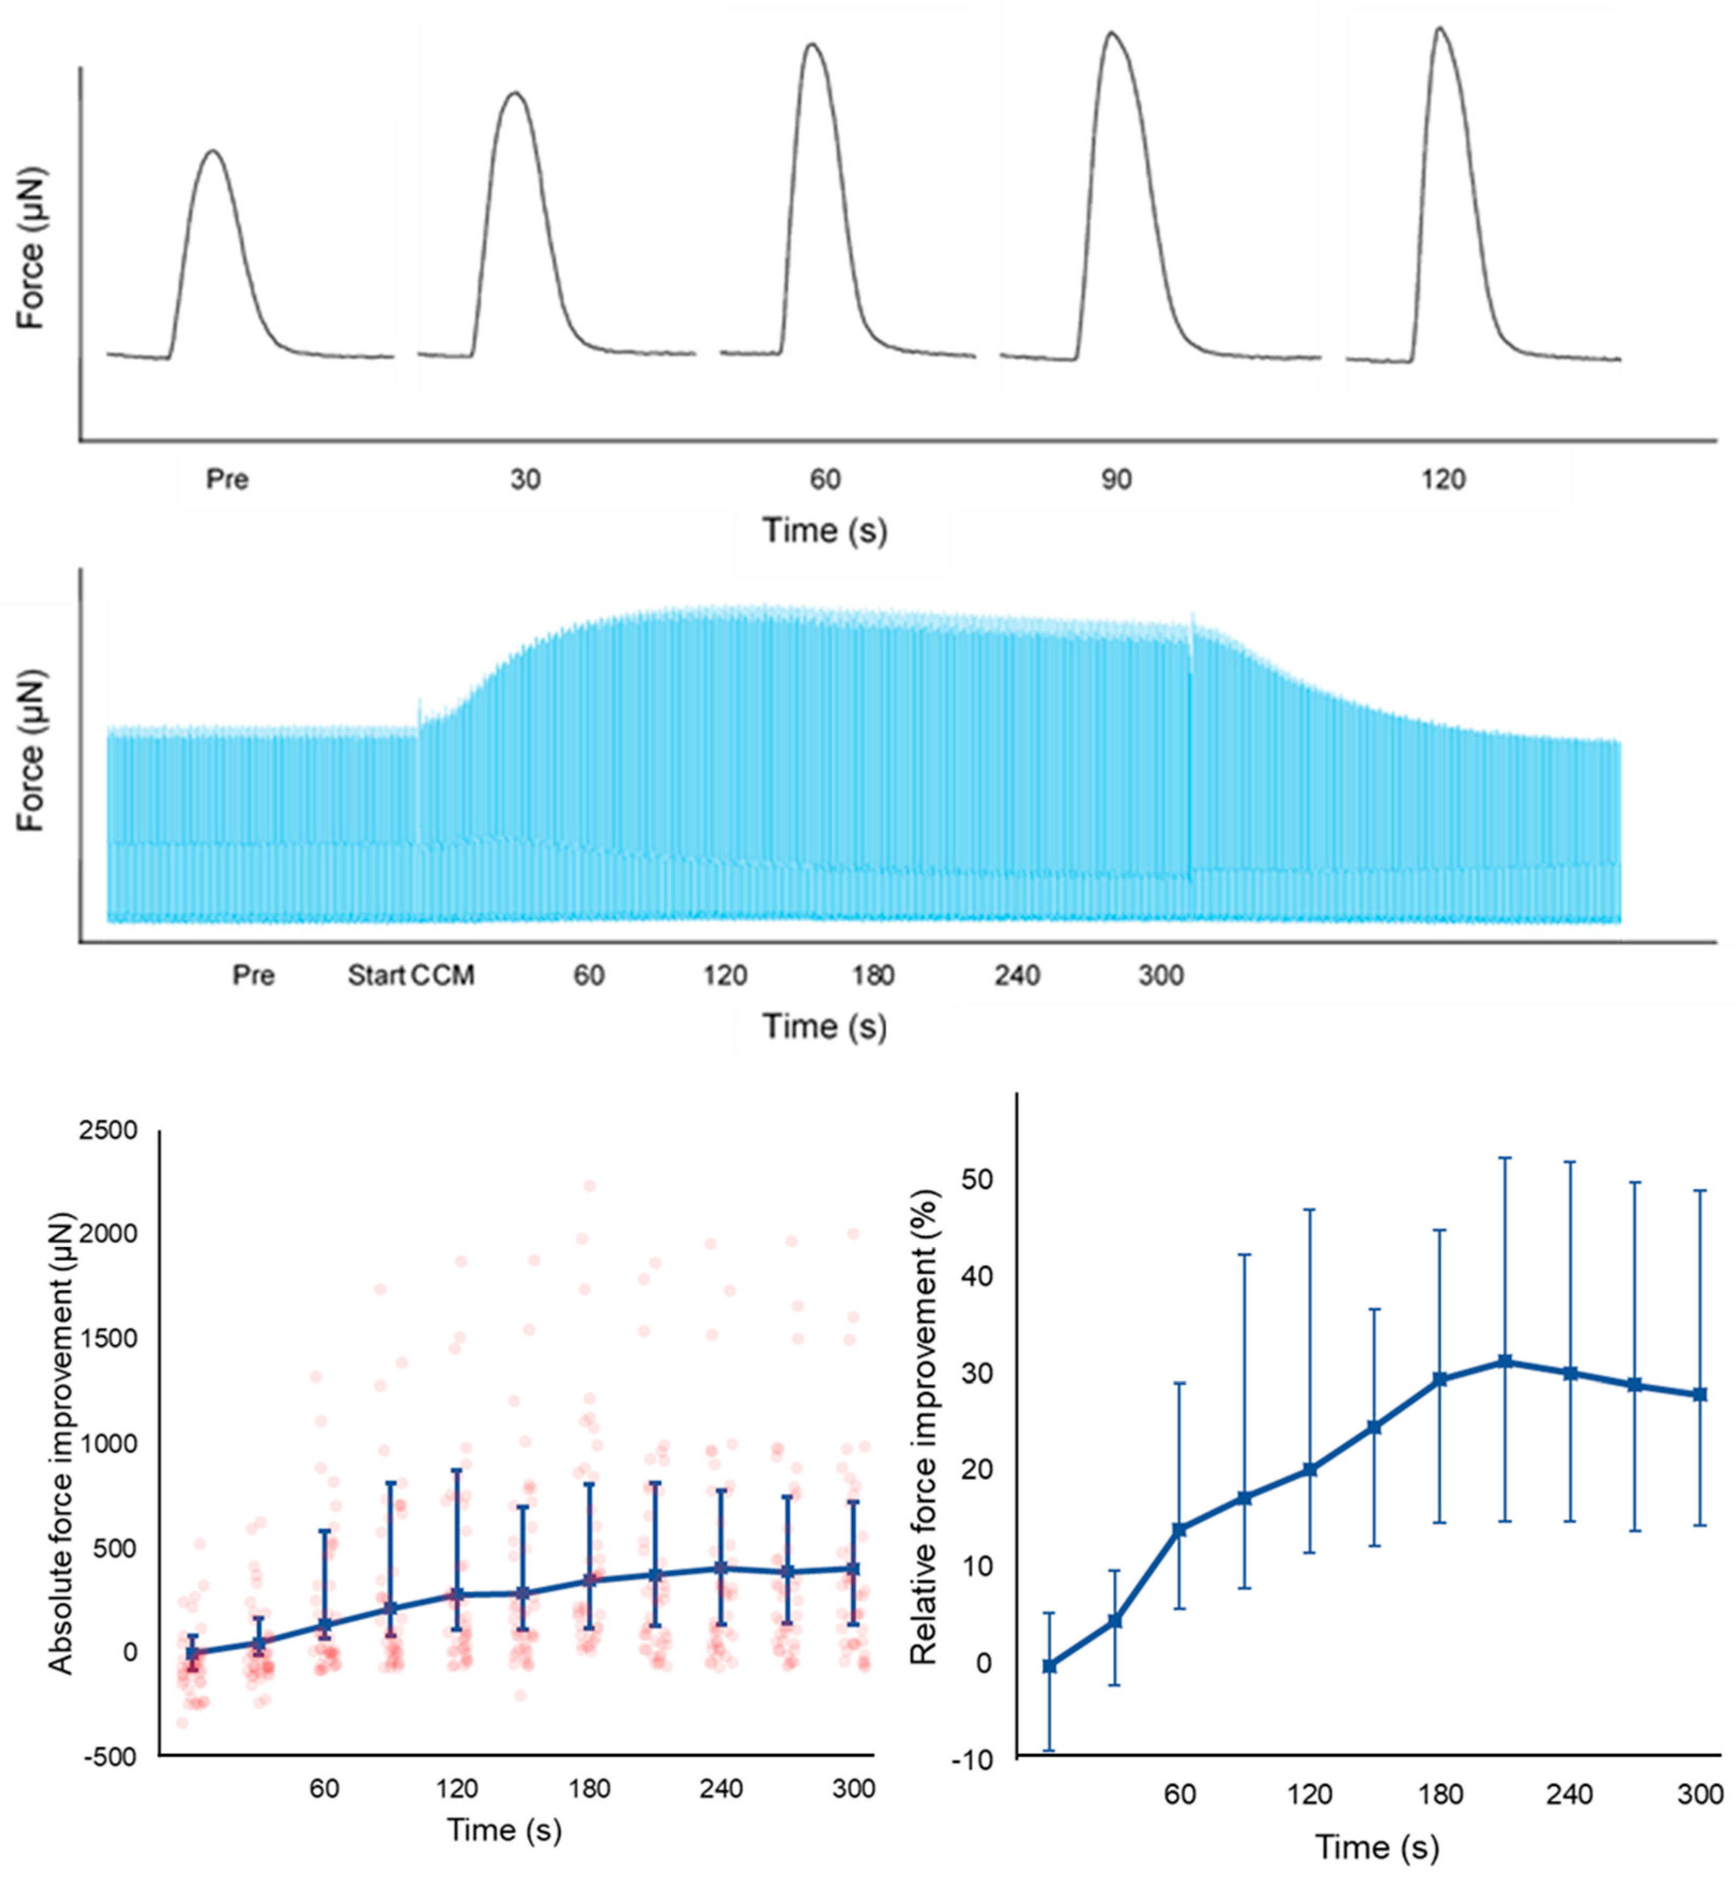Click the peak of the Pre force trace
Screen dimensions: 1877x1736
tap(214, 150)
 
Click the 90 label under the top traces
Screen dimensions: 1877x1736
tap(1116, 480)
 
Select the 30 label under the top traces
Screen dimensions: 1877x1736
tap(525, 480)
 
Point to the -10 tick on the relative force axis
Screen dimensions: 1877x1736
tap(973, 1759)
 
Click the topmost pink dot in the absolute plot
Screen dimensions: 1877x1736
tap(590, 1185)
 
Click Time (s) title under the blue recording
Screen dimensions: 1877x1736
tap(824, 1026)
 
